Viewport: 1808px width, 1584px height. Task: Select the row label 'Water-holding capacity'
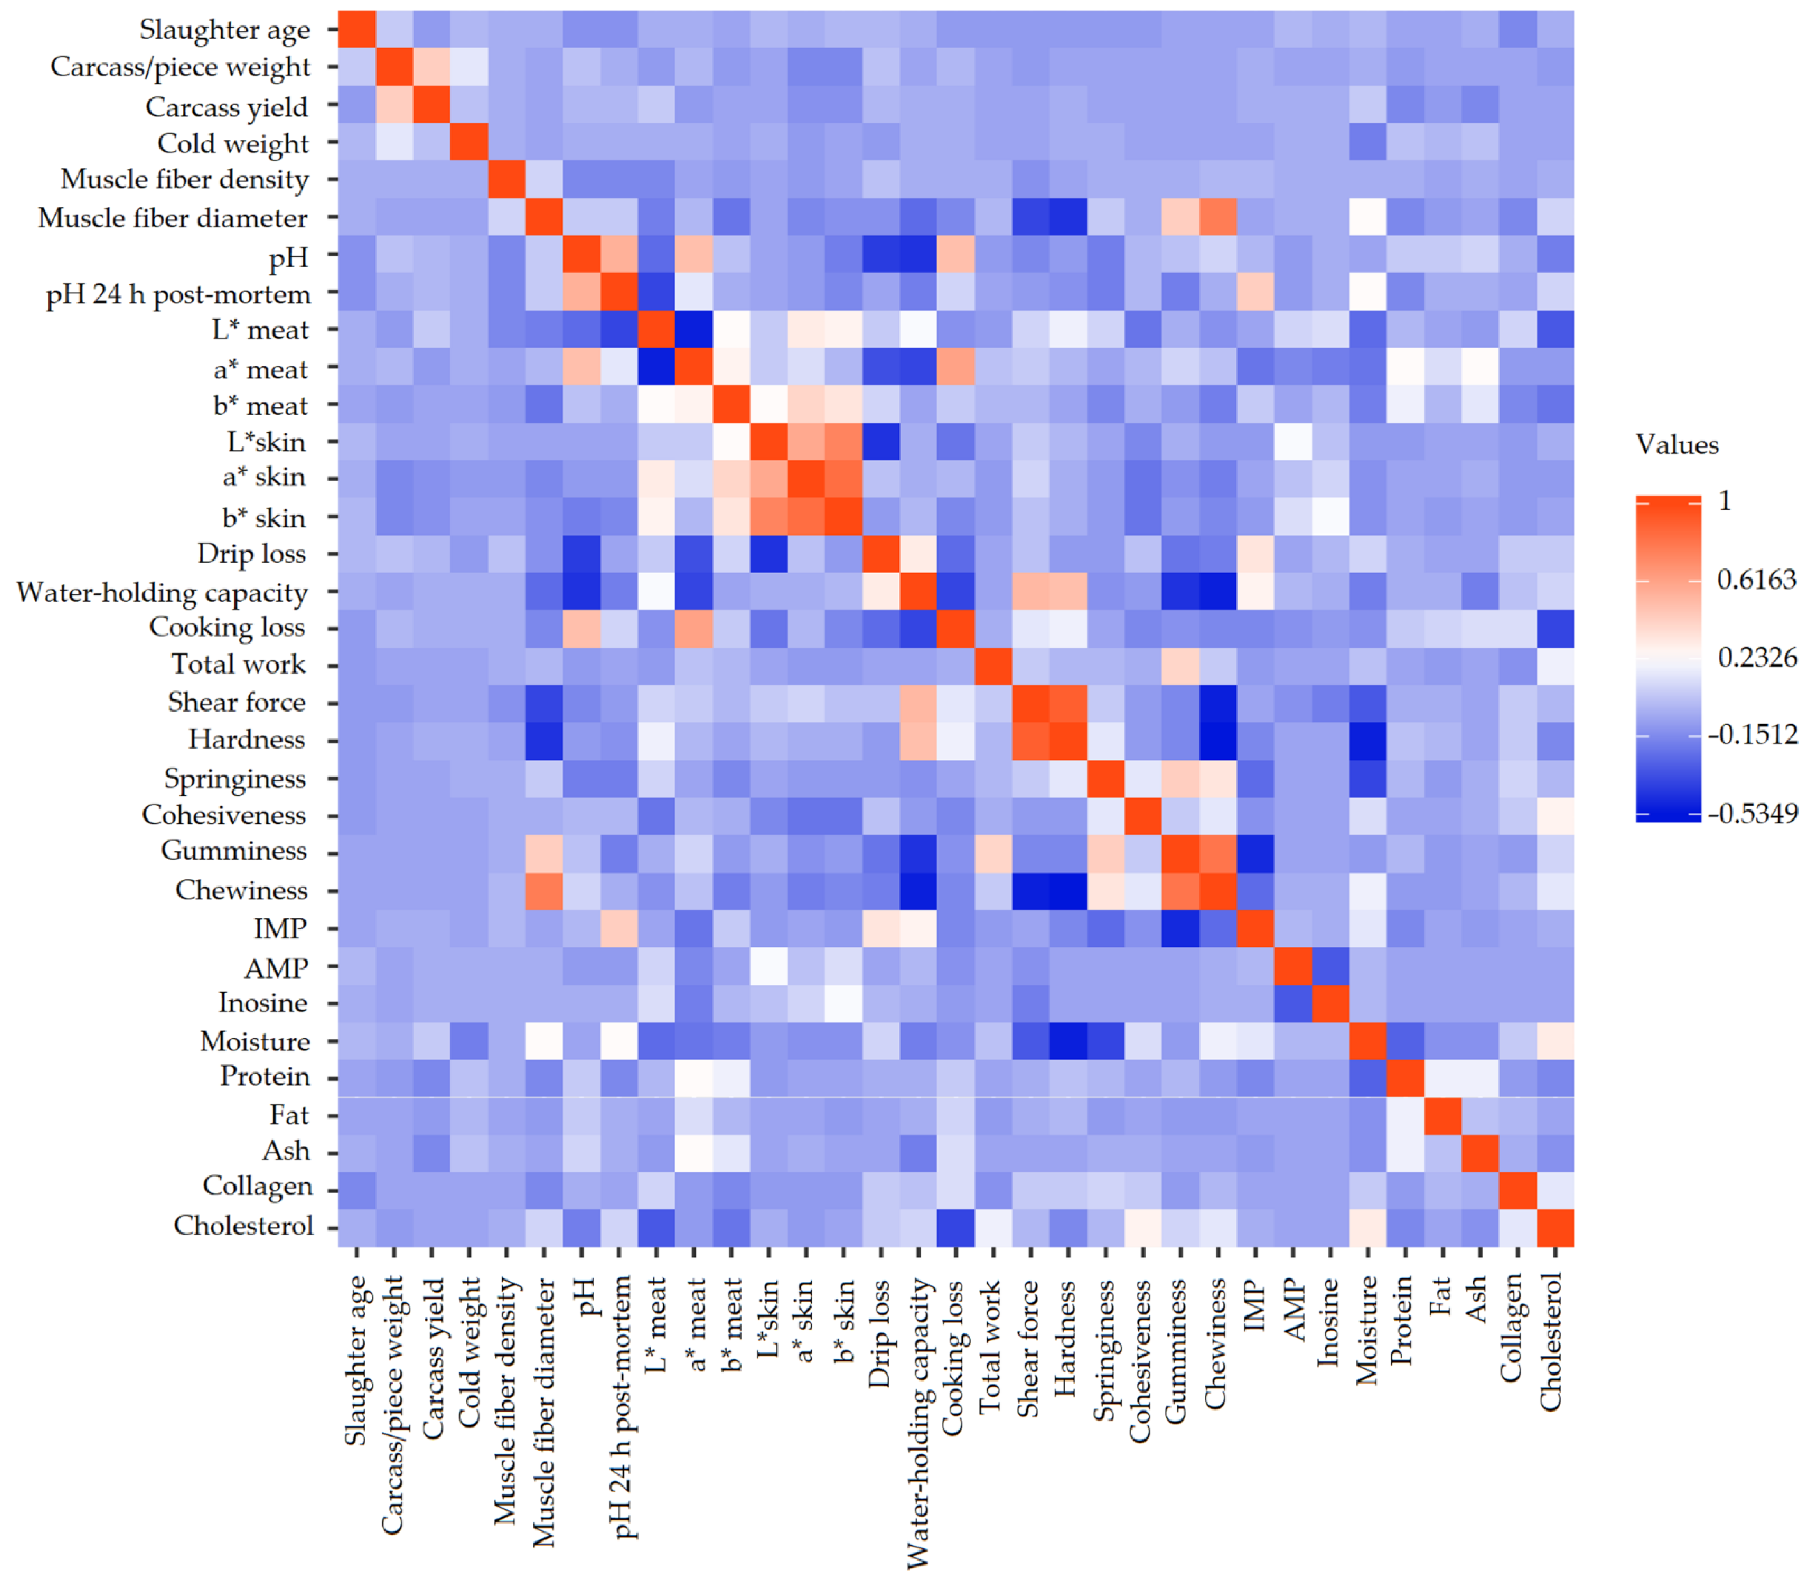162,592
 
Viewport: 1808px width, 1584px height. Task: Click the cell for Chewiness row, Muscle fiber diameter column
543,890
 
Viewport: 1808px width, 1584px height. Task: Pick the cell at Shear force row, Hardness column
1068,703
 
